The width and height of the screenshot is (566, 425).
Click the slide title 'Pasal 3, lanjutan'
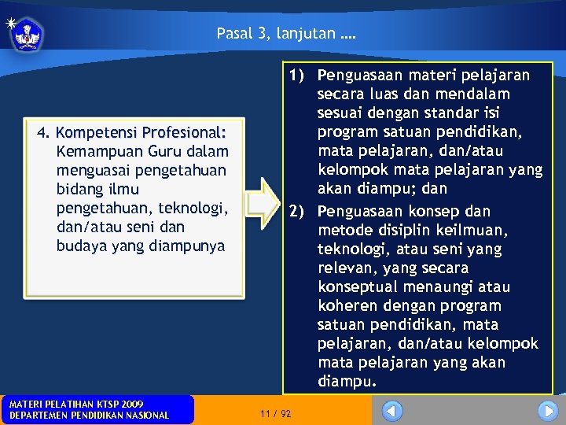285,34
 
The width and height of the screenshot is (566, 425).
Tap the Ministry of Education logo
27,34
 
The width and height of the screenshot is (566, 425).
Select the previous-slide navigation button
392,411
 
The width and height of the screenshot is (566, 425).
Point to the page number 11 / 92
275,413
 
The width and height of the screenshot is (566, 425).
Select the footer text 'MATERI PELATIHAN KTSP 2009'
75,404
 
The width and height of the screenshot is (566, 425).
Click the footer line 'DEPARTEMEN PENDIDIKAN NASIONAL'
88,416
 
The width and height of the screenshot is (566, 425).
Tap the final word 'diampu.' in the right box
347,381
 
